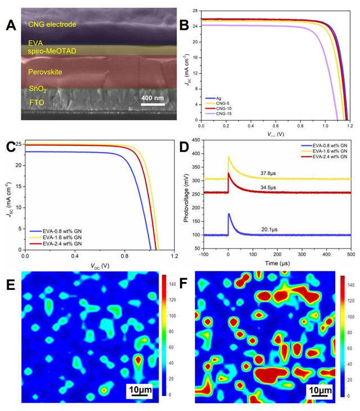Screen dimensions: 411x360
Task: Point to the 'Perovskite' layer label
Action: (x=45, y=72)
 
